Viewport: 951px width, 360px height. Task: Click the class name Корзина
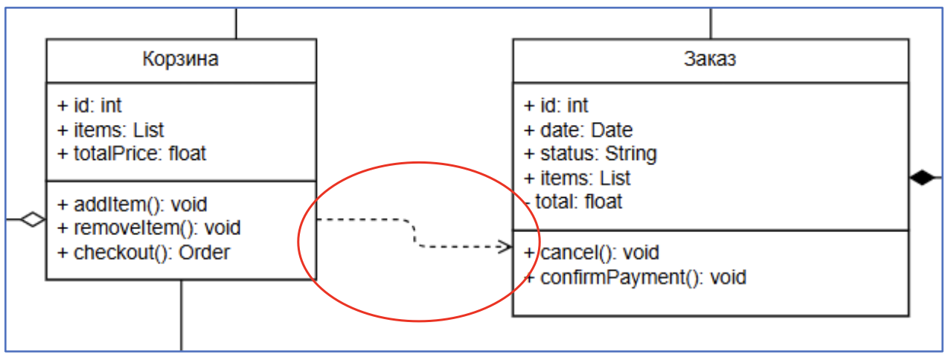click(181, 60)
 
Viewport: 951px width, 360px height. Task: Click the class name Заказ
click(710, 60)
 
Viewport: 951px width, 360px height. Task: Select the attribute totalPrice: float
click(132, 154)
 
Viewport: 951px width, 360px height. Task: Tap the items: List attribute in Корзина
click(111, 130)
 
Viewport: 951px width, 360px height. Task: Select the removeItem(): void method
click(149, 227)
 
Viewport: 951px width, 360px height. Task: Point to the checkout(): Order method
click(144, 252)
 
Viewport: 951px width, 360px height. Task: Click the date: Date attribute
click(578, 130)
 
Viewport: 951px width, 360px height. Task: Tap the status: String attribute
click(590, 154)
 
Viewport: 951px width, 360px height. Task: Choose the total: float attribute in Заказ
click(574, 201)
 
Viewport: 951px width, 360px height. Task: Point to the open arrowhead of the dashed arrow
click(506, 246)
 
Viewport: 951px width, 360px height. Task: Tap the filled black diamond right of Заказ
click(921, 178)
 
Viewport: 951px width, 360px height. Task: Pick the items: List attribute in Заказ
click(577, 178)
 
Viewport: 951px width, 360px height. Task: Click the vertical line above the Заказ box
click(711, 22)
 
